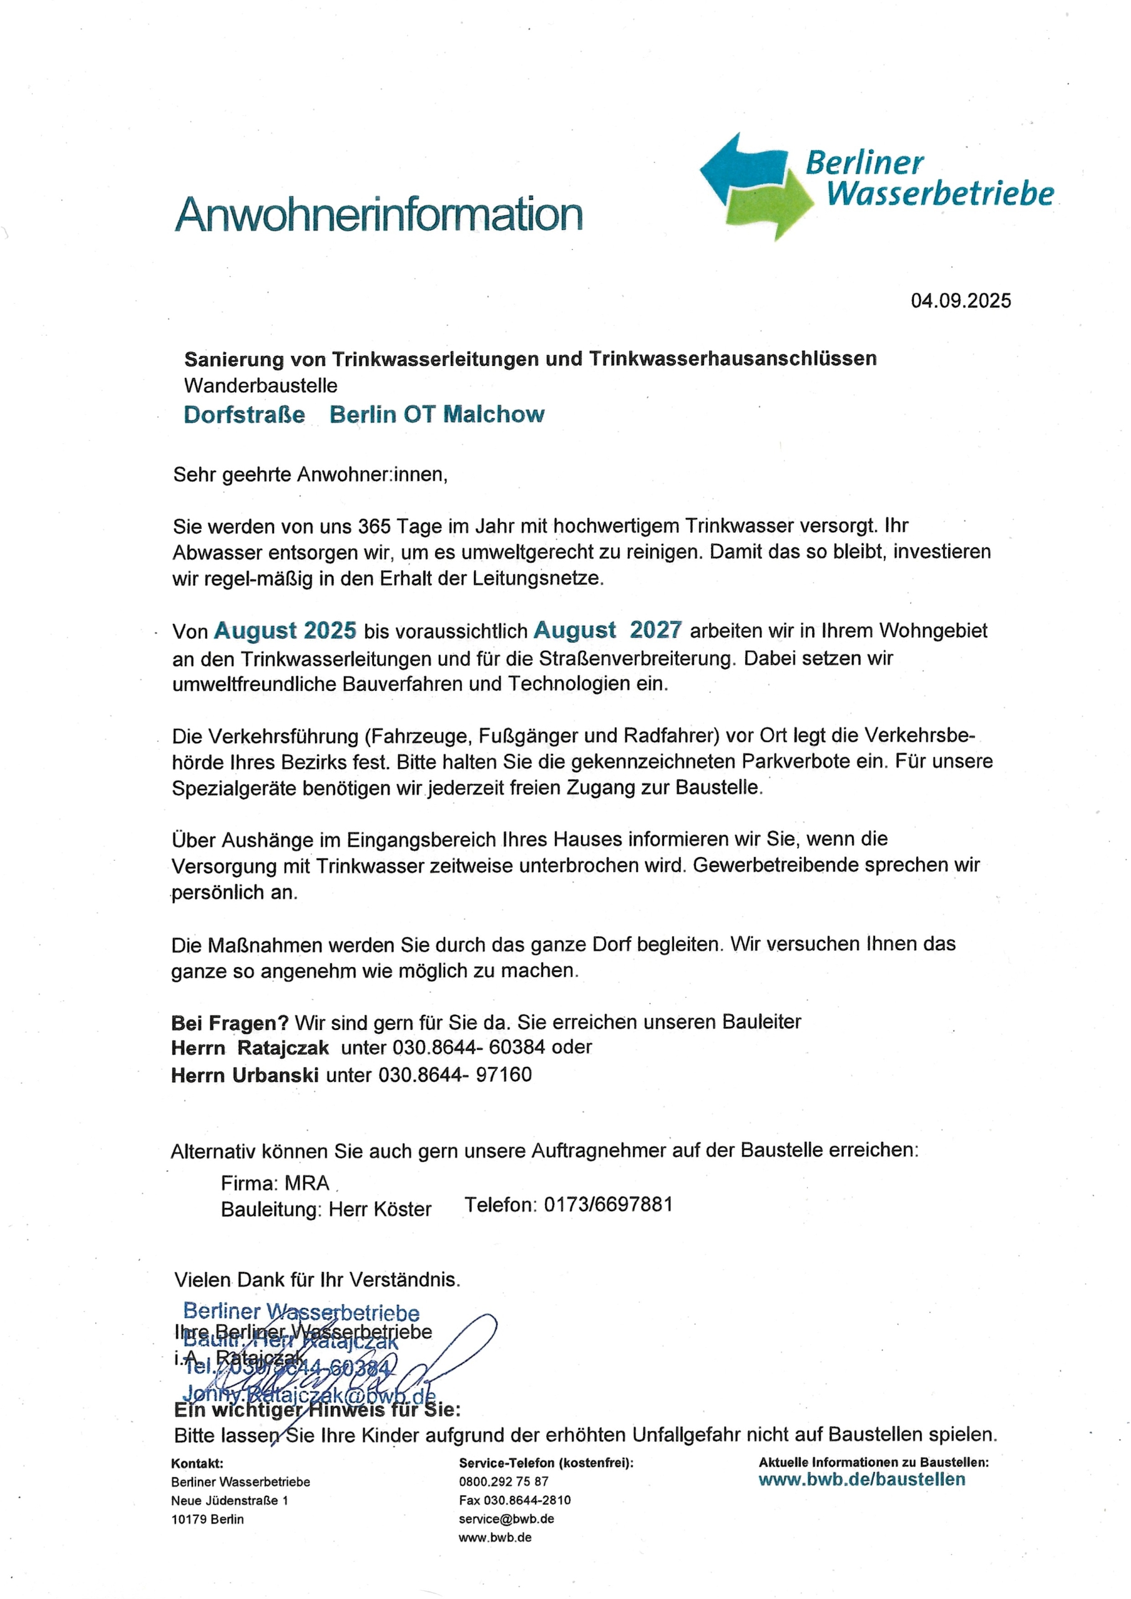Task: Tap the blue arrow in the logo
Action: pyautogui.click(x=738, y=167)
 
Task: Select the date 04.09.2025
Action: pyautogui.click(x=961, y=301)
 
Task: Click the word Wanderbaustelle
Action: pyautogui.click(x=260, y=385)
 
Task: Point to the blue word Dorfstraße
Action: pyautogui.click(x=245, y=415)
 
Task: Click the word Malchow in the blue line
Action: pyautogui.click(x=494, y=415)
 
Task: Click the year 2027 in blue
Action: pyautogui.click(x=655, y=630)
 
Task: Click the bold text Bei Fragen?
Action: pyautogui.click(x=230, y=1023)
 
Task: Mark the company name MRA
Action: pyautogui.click(x=307, y=1183)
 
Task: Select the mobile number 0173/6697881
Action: pyautogui.click(x=608, y=1205)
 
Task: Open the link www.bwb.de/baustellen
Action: pyautogui.click(x=861, y=1479)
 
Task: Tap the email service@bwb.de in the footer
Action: pyautogui.click(x=506, y=1519)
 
